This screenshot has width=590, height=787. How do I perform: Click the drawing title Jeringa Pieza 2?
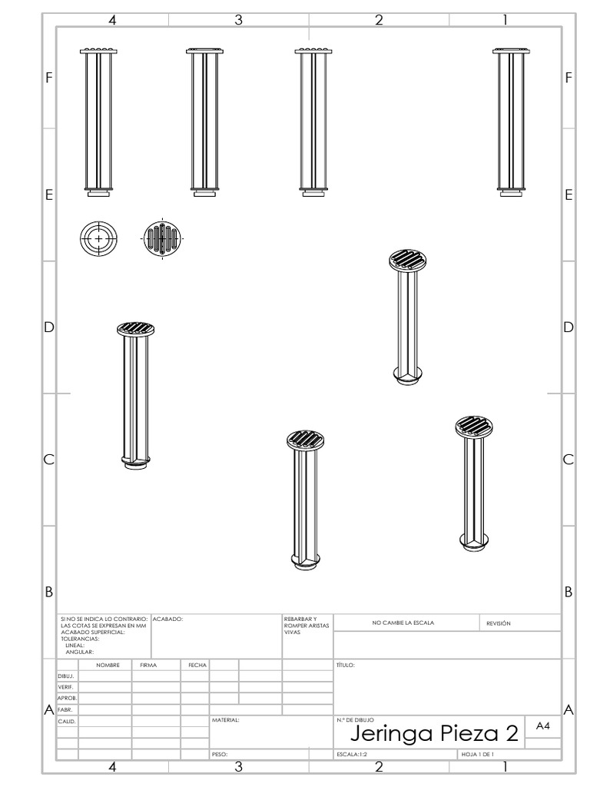click(434, 733)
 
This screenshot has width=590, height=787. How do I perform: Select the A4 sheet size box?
click(543, 726)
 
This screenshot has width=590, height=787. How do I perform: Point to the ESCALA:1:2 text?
click(352, 755)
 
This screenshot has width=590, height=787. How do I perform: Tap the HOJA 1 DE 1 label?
click(478, 755)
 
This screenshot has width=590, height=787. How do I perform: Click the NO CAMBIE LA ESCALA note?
click(403, 623)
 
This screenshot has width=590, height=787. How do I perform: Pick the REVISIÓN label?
click(498, 623)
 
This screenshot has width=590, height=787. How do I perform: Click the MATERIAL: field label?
click(225, 719)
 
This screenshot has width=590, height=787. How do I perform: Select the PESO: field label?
click(220, 755)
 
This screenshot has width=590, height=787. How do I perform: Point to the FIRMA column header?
click(148, 665)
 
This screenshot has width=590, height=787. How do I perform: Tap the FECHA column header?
click(197, 665)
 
